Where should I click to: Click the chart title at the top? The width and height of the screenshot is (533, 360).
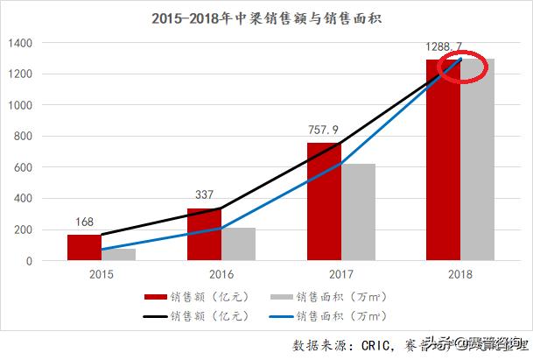click(265, 17)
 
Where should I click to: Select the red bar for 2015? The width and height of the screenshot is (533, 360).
click(84, 248)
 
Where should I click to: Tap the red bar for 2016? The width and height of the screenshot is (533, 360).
click(204, 235)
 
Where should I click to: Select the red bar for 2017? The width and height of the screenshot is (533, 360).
click(324, 201)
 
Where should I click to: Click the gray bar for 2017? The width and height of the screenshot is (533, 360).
click(358, 212)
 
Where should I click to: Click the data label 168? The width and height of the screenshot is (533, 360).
click(84, 222)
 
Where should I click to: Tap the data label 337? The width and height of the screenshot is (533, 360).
click(204, 195)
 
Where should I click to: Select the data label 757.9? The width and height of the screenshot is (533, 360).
click(324, 130)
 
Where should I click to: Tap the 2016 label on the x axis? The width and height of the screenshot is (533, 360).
click(221, 274)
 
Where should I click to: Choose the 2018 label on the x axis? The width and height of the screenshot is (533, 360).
click(460, 274)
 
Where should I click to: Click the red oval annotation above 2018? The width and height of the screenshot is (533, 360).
click(461, 67)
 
